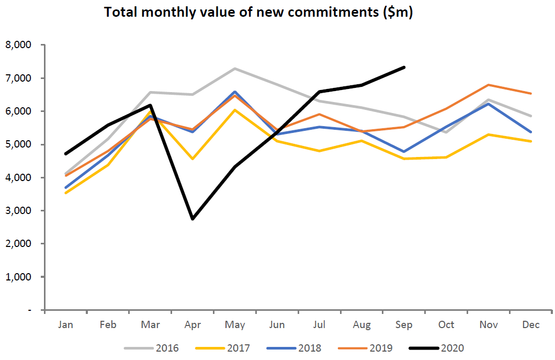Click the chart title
[x=259, y=13]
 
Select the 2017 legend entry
[x=230, y=347]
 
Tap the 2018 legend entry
[x=301, y=347]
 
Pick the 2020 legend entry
[x=444, y=347]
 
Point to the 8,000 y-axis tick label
[x=19, y=45]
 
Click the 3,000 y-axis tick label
[x=19, y=211]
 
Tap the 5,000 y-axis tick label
[x=19, y=144]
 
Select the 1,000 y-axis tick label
[x=19, y=277]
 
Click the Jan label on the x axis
[x=66, y=325]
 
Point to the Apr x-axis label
[x=192, y=325]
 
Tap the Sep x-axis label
[x=404, y=325]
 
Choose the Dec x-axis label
[x=531, y=325]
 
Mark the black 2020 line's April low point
[x=192, y=219]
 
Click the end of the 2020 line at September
[x=404, y=67]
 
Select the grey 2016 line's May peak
[x=235, y=69]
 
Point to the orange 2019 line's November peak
[x=489, y=85]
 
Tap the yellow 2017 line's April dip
[x=192, y=159]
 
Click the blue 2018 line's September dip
[x=404, y=152]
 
